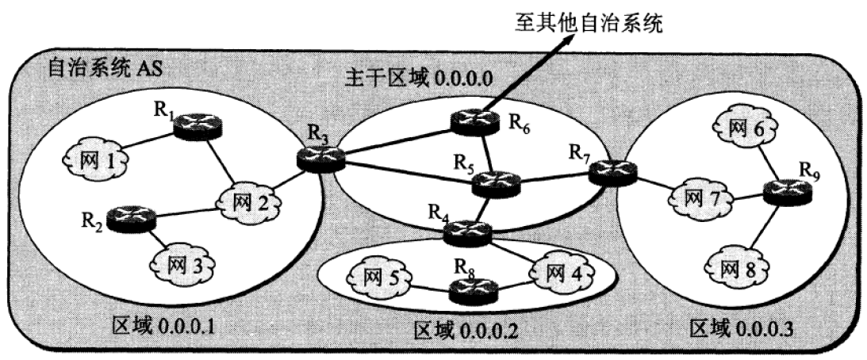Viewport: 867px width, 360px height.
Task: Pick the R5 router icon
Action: pyautogui.click(x=496, y=185)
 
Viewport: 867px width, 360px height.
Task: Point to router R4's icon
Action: pyautogui.click(x=468, y=232)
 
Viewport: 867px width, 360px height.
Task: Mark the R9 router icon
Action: pyautogui.click(x=788, y=193)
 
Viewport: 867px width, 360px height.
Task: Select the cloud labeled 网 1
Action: pyautogui.click(x=95, y=162)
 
